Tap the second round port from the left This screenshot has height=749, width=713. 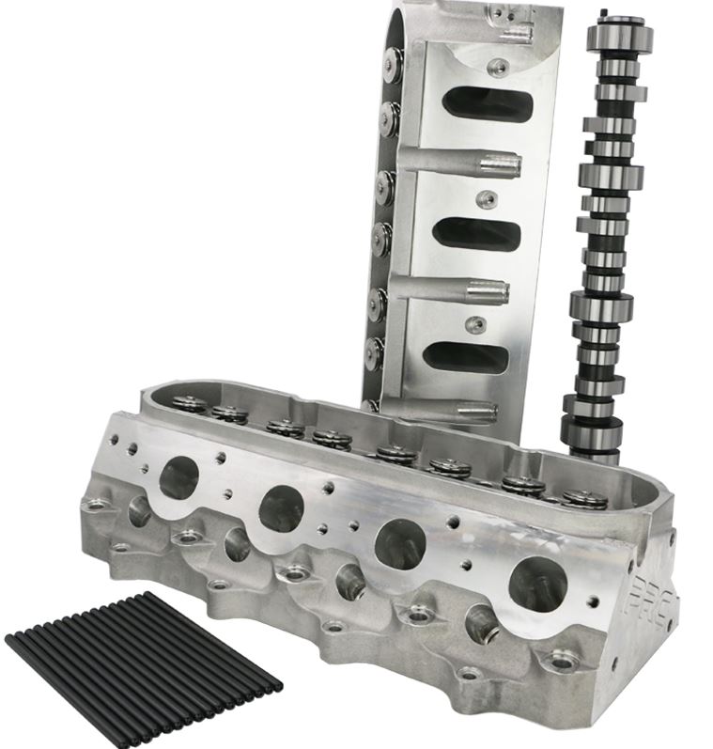(x=280, y=508)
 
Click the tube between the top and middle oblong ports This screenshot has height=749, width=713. (x=460, y=164)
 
